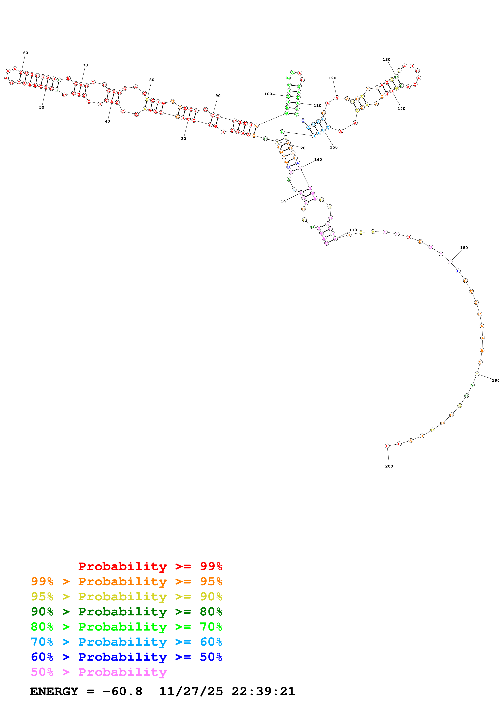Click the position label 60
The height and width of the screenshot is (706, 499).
coord(26,53)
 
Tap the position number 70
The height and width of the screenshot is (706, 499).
coord(85,65)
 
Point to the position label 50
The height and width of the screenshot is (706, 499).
coord(41,107)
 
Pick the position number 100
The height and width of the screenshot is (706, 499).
coord(268,94)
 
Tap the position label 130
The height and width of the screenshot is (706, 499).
coord(386,59)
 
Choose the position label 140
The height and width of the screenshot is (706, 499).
coord(401,108)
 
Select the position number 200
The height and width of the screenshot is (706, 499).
coord(389,466)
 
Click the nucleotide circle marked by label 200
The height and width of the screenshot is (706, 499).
coord(387,446)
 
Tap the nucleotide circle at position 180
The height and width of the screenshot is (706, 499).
coord(450,262)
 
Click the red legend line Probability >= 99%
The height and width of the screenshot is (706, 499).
coord(150,566)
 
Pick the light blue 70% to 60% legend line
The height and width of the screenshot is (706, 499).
coord(126,642)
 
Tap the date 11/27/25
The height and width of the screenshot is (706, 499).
coord(191,691)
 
